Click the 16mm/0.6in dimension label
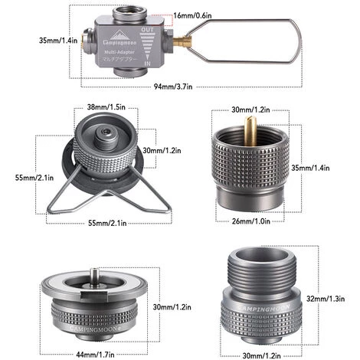click(x=192, y=15)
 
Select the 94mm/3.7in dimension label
click(x=173, y=87)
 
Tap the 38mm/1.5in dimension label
click(x=106, y=106)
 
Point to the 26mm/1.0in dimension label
click(x=250, y=221)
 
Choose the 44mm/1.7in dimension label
click(x=95, y=355)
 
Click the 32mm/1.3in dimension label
click(x=326, y=299)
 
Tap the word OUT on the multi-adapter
click(x=148, y=30)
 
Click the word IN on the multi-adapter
click(x=147, y=64)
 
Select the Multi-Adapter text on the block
click(x=119, y=52)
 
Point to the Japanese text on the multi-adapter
click(x=119, y=59)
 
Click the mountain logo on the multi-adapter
click(x=119, y=34)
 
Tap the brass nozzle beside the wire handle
click(x=182, y=41)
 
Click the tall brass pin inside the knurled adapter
click(x=250, y=131)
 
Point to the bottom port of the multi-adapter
click(x=129, y=72)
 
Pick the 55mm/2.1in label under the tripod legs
click(x=107, y=223)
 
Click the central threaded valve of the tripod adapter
click(x=106, y=138)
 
